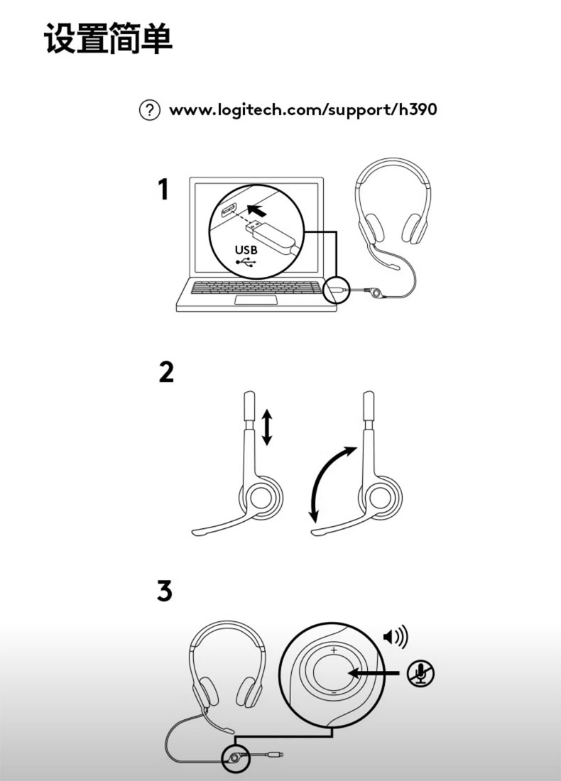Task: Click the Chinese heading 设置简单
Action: (109, 38)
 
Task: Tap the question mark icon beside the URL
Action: (149, 110)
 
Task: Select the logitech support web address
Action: (303, 109)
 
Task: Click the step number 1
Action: (163, 190)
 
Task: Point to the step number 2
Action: (166, 372)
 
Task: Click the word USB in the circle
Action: (246, 249)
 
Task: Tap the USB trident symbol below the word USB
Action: (246, 262)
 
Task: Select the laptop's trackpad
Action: (256, 300)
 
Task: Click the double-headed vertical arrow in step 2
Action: (267, 427)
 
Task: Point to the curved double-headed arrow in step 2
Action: (327, 478)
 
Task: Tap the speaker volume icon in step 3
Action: (396, 637)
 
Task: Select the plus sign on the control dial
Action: (333, 650)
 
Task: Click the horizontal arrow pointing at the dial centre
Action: (374, 673)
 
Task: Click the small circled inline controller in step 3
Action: (234, 758)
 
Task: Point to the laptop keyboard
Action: (256, 288)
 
